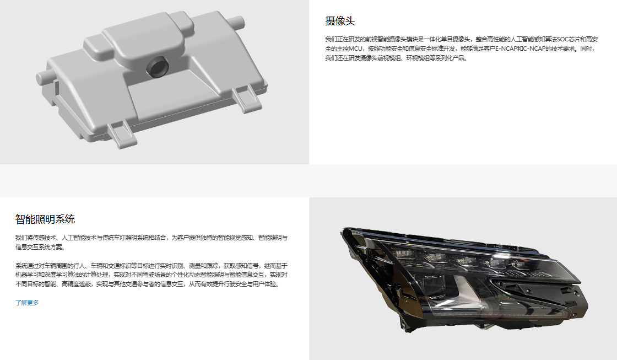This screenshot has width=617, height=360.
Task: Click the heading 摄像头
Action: (x=340, y=21)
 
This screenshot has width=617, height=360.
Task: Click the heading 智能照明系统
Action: (x=45, y=219)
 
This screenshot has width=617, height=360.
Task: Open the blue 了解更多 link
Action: (x=27, y=303)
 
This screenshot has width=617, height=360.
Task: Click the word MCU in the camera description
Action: (x=355, y=49)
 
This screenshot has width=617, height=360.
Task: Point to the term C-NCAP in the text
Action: (x=534, y=49)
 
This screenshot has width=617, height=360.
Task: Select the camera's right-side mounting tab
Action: (x=247, y=99)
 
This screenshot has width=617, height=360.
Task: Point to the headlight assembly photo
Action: (x=465, y=279)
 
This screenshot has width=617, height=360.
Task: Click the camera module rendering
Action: (x=152, y=79)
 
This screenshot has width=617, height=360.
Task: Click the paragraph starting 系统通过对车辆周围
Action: (x=151, y=275)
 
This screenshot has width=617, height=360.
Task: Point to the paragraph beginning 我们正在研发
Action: (x=461, y=49)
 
